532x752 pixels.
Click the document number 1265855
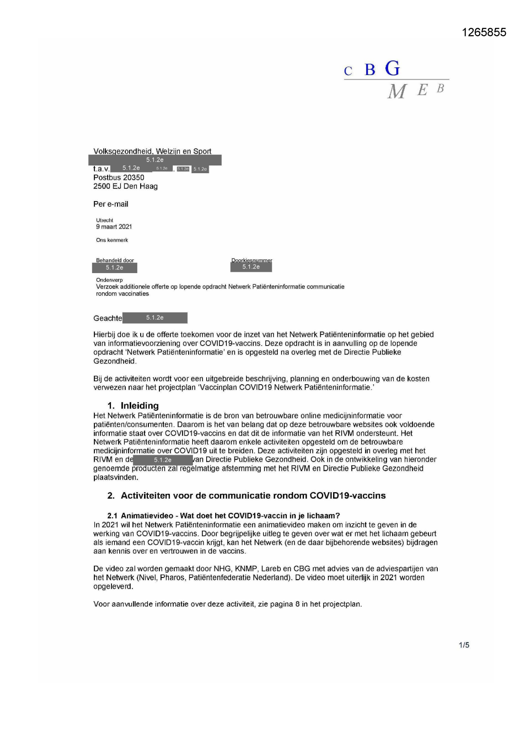pos(484,33)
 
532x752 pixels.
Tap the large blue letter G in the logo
pos(392,69)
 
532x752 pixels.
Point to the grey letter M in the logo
pos(397,91)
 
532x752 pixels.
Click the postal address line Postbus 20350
pos(119,177)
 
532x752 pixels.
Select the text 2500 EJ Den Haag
pos(126,186)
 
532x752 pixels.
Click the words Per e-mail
pos(111,204)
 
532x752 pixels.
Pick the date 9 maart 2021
pos(114,227)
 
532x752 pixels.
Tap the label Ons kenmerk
pos(112,240)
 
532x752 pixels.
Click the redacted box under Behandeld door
pos(114,268)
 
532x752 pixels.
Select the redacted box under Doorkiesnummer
pos(251,267)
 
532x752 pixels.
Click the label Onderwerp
pos(109,280)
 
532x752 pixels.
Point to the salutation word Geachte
pos(108,319)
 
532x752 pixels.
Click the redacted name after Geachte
pos(155,318)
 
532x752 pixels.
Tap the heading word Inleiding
pos(140,406)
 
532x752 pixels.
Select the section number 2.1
pos(112,516)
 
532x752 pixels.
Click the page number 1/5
pos(464,645)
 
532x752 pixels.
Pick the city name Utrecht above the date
pos(105,220)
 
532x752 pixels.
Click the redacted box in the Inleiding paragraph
pos(163,460)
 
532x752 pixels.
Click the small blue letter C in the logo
pos(348,72)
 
